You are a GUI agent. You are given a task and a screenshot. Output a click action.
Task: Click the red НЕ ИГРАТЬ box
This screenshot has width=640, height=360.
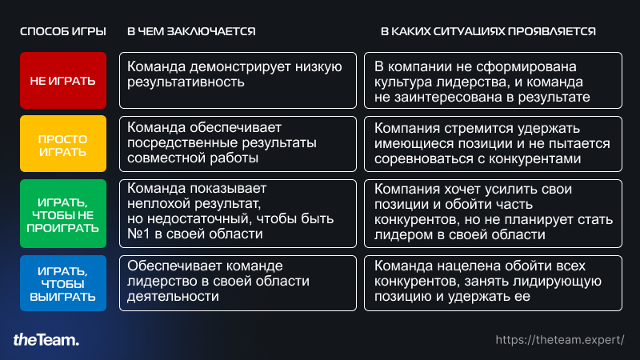pyautogui.click(x=63, y=81)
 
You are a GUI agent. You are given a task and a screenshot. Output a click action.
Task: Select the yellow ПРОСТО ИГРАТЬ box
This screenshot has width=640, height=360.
pyautogui.click(x=63, y=144)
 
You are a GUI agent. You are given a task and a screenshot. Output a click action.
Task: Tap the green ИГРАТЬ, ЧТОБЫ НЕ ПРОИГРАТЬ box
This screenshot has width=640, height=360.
pyautogui.click(x=63, y=214)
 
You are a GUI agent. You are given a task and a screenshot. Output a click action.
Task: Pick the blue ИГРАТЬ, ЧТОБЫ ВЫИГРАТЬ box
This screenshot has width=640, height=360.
pyautogui.click(x=63, y=283)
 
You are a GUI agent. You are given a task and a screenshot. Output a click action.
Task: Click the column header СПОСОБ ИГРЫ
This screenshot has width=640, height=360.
pyautogui.click(x=63, y=31)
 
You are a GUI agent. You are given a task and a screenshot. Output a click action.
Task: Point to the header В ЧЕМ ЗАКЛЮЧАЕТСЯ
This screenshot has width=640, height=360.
pyautogui.click(x=191, y=31)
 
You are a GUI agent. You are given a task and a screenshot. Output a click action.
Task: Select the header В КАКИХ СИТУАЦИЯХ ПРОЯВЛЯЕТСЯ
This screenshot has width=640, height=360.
pyautogui.click(x=488, y=31)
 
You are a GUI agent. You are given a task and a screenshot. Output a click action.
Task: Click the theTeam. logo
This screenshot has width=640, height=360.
pyautogui.click(x=46, y=339)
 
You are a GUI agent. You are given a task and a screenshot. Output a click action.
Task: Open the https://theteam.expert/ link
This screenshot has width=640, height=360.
pyautogui.click(x=560, y=340)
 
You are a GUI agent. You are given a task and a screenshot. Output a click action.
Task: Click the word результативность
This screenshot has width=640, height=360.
pyautogui.click(x=186, y=82)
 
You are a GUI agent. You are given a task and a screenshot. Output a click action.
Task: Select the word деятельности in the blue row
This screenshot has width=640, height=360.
pyautogui.click(x=173, y=296)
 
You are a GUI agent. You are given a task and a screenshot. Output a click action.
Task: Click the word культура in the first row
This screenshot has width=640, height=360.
pyautogui.click(x=403, y=82)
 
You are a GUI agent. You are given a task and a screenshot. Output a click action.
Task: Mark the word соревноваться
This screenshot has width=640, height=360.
pyautogui.click(x=423, y=158)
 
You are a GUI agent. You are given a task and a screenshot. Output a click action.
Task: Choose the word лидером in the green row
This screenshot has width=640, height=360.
pyautogui.click(x=402, y=234)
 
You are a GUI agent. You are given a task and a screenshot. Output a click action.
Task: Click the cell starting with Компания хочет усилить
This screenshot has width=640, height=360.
pyautogui.click(x=493, y=214)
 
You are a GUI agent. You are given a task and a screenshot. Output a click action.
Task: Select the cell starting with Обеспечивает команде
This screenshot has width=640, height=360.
pyautogui.click(x=238, y=283)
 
